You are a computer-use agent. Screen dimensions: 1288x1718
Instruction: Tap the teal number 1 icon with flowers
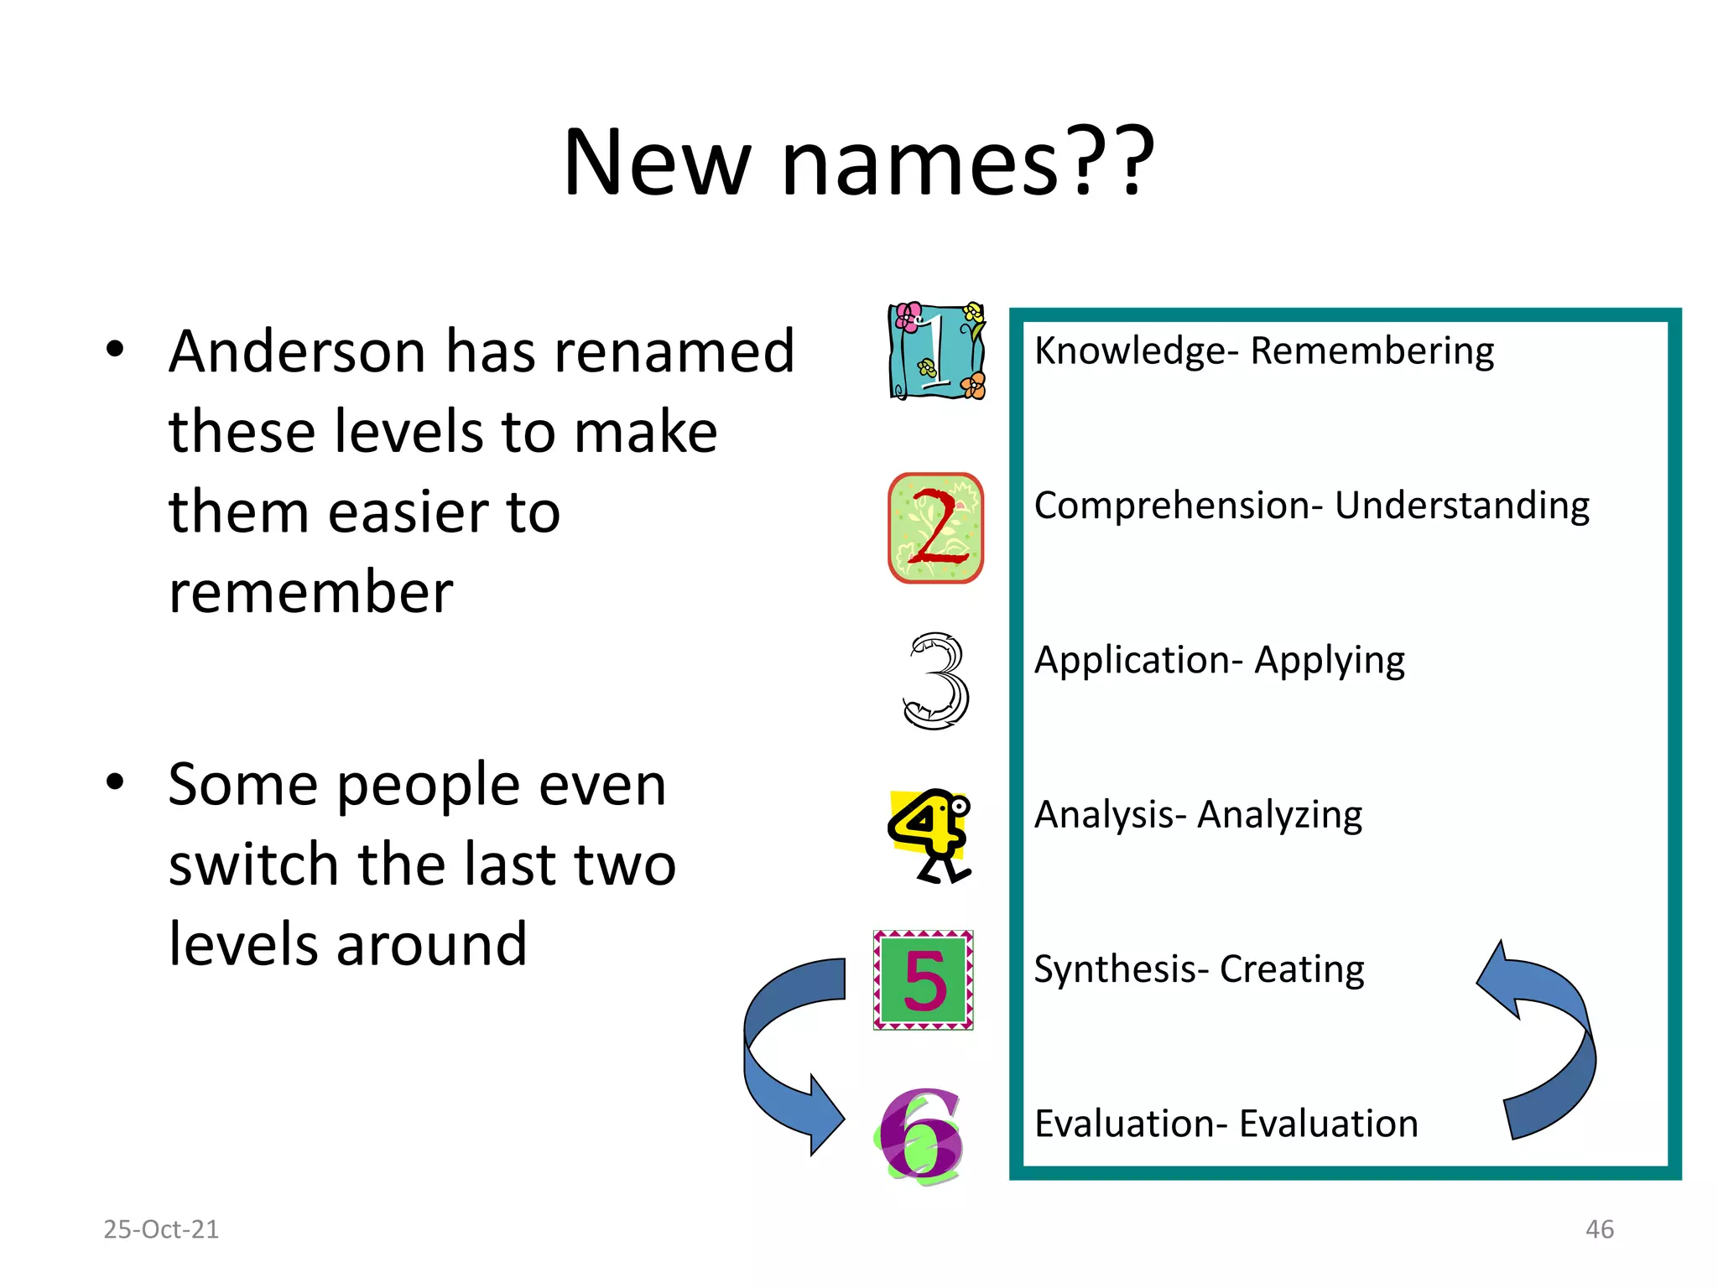936,351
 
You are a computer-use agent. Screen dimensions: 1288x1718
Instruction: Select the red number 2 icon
935,528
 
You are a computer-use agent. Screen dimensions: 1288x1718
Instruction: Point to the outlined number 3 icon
936,680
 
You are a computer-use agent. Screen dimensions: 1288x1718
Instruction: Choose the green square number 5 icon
923,979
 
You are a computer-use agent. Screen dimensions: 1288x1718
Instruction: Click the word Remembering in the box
1372,351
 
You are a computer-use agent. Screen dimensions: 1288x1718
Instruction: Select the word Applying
1329,661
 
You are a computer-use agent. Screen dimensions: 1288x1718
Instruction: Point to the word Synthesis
1115,969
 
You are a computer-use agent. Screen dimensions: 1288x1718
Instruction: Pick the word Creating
1291,969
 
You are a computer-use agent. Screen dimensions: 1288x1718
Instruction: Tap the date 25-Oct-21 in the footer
161,1229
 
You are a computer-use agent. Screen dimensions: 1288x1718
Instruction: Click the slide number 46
1599,1229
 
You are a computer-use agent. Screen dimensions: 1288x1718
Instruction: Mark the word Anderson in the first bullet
297,351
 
